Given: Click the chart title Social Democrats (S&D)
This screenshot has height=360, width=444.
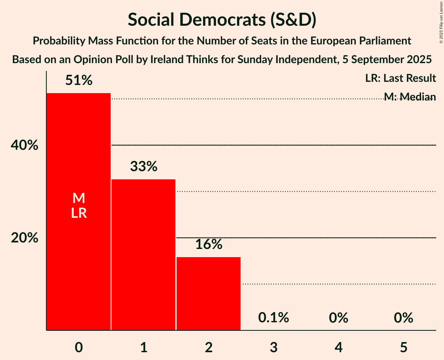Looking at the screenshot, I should [x=222, y=20].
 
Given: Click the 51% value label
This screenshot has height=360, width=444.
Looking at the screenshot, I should [x=79, y=81].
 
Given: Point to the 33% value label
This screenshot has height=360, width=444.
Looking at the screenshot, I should [x=143, y=167].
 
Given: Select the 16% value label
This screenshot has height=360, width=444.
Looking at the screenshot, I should [x=209, y=244].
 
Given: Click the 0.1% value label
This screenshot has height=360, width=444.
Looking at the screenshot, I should [x=274, y=318].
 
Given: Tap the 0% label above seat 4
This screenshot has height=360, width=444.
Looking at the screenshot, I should [x=338, y=318].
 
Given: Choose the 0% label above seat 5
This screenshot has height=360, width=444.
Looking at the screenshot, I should [x=403, y=318].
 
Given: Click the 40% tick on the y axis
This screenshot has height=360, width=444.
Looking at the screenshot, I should [x=24, y=145].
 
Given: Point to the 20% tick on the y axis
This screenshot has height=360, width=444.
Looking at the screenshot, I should [x=24, y=238].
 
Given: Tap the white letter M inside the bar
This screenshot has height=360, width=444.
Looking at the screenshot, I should [x=79, y=198].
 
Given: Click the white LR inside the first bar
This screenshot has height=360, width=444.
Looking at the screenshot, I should [x=79, y=213].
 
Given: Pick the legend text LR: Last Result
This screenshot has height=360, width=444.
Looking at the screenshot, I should [x=400, y=78].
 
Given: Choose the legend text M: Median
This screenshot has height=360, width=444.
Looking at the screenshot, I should [x=409, y=96].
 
